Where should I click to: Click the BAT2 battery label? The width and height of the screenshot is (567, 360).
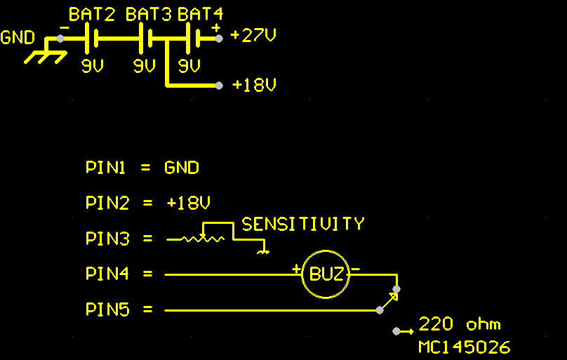point(92,15)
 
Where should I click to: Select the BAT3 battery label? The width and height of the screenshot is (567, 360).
point(149,15)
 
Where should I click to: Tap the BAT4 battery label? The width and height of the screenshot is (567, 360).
point(200,15)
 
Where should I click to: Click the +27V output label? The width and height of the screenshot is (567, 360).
point(253,35)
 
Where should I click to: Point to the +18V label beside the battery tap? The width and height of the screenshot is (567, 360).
point(255,85)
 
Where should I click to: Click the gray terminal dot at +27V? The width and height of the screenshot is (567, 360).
point(218,39)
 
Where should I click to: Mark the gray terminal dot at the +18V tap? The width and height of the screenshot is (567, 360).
point(219,86)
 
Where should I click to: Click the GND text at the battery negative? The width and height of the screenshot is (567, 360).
point(18,38)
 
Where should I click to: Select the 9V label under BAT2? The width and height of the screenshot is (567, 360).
point(93,66)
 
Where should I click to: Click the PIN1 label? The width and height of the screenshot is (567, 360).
point(105,168)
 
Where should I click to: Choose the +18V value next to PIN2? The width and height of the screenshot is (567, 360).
point(188,203)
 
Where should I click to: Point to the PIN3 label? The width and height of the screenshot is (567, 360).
point(107,239)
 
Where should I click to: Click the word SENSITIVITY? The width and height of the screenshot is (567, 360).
point(303,224)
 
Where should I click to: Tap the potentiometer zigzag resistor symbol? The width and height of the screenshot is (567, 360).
point(203,239)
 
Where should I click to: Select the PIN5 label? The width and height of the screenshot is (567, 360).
point(107,309)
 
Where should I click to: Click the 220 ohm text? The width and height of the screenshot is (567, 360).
point(460,324)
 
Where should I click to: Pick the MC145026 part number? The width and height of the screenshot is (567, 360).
point(465,347)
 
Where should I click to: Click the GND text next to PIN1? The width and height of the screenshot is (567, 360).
point(182,168)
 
